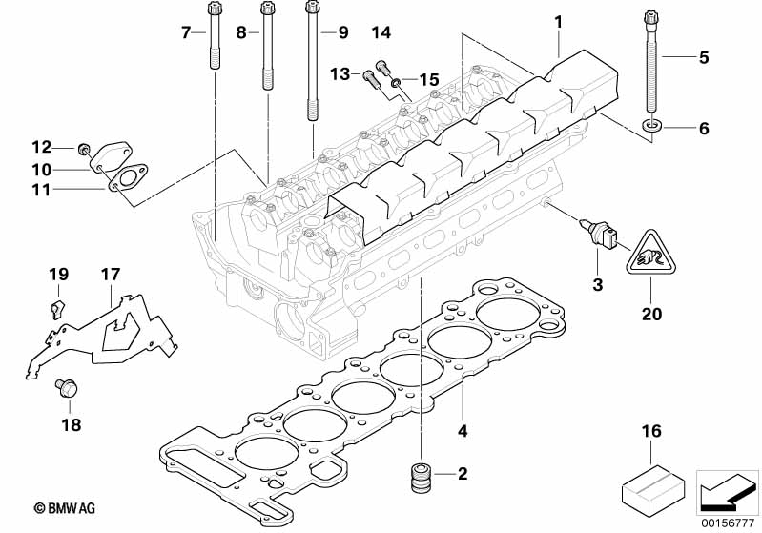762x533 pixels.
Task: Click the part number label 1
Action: pos(560,21)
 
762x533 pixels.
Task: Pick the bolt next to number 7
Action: pos(212,38)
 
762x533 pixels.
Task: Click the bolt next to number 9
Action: pos(312,57)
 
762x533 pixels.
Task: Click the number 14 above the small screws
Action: pos(381,33)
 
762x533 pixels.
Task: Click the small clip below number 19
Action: pos(56,306)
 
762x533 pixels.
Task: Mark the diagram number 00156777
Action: pos(729,521)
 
